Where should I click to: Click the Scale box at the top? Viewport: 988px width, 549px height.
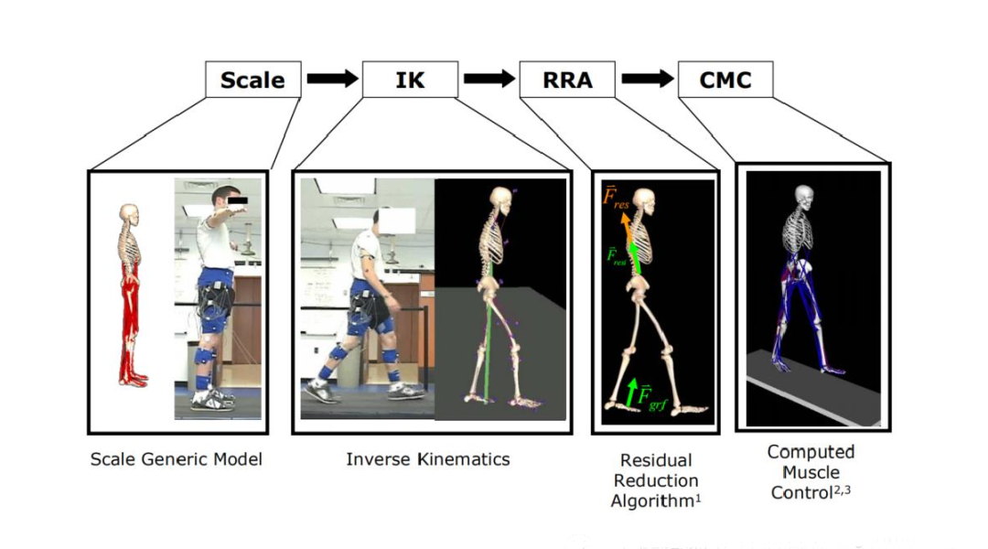(253, 80)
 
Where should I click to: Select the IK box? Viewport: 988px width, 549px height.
(410, 80)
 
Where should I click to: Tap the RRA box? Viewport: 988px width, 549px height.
(567, 80)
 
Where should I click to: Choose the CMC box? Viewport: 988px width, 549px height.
(725, 80)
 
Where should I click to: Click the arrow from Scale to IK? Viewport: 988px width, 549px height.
(333, 79)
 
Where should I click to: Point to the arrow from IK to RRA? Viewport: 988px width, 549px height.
(489, 79)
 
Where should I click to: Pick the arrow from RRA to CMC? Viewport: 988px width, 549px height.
(647, 79)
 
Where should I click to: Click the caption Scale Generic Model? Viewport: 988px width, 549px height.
(177, 458)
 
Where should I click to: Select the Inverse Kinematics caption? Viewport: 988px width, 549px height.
(428, 458)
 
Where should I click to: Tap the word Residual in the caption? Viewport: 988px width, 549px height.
(656, 460)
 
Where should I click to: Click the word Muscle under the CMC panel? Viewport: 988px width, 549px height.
(811, 472)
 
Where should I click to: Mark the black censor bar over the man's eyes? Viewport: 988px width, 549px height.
(238, 201)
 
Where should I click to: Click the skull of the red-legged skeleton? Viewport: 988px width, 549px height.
(129, 213)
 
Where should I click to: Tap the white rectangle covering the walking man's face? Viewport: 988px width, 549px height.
(397, 220)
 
